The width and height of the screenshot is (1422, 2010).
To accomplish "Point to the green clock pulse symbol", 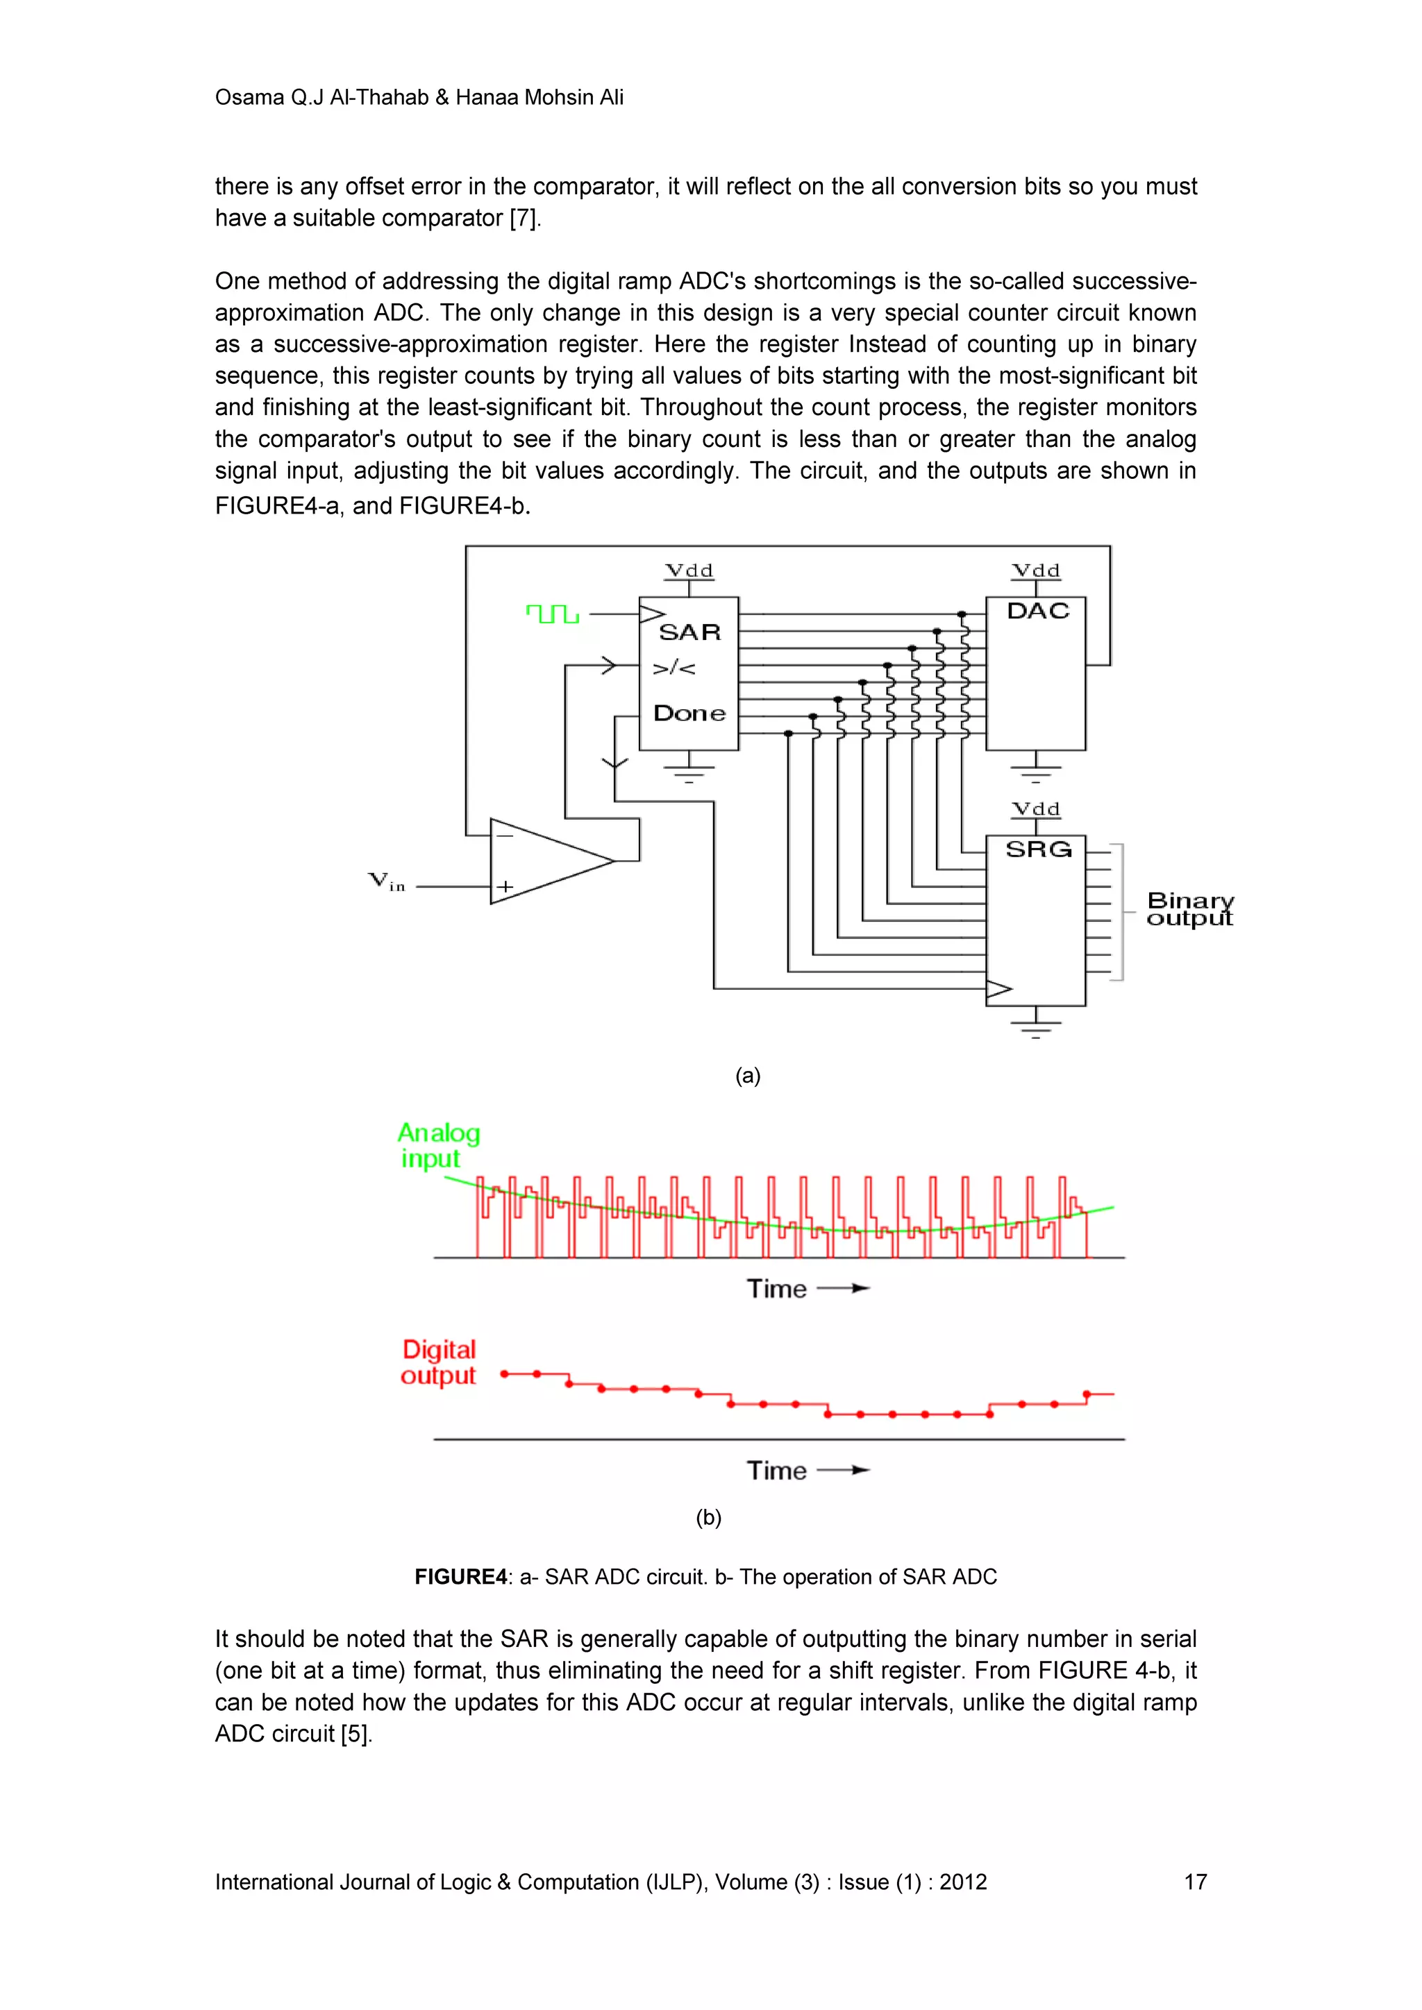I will tap(553, 614).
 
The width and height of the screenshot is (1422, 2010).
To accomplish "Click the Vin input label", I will tap(386, 881).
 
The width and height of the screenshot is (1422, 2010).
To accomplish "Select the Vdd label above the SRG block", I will tap(1036, 809).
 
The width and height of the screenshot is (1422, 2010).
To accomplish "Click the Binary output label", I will tap(1189, 909).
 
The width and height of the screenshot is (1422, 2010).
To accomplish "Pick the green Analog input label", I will tap(438, 1145).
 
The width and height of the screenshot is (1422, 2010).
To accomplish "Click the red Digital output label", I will tap(438, 1362).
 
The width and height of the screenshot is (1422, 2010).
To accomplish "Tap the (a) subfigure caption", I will tap(748, 1076).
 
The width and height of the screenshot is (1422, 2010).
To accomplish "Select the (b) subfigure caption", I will tap(708, 1517).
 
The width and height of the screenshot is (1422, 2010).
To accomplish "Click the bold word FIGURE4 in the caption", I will tap(460, 1577).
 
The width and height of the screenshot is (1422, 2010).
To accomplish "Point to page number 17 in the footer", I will tap(1195, 1882).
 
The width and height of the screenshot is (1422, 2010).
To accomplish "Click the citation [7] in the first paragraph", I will tap(524, 218).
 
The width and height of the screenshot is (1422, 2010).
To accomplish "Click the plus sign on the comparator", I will tap(505, 887).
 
